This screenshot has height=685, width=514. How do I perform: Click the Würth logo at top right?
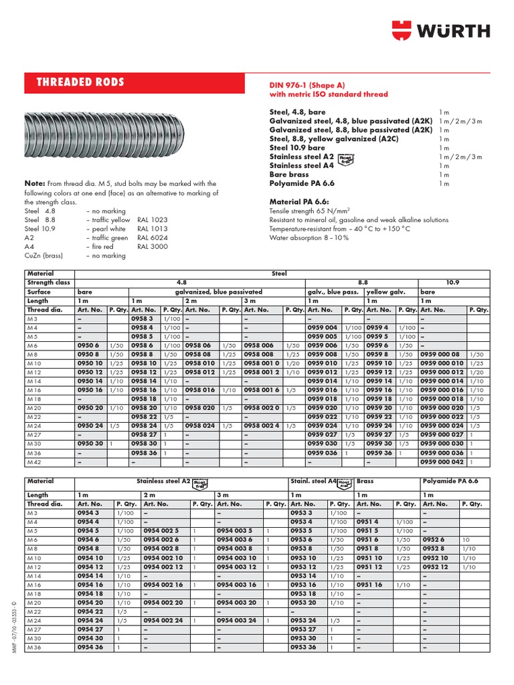(x=440, y=31)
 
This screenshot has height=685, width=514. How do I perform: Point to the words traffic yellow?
(x=110, y=219)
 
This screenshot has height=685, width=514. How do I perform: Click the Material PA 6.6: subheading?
(x=301, y=201)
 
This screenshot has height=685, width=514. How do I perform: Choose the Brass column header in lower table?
(x=366, y=481)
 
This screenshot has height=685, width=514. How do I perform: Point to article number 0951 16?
(x=369, y=584)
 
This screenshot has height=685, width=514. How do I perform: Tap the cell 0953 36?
(x=303, y=647)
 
